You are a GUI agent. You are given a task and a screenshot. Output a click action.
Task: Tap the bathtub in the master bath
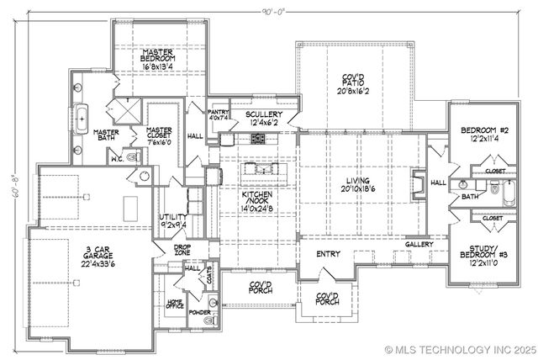[x=82, y=119]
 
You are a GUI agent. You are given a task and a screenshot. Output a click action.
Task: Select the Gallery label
[x=419, y=245]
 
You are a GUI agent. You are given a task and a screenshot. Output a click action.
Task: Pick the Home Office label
[x=174, y=305]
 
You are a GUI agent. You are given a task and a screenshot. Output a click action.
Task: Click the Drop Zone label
[x=182, y=249]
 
